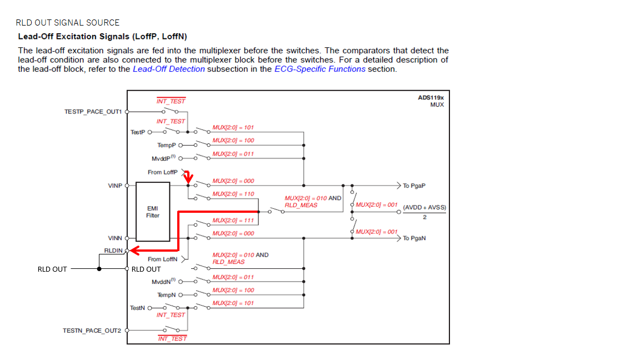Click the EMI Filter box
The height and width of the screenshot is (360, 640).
click(152, 212)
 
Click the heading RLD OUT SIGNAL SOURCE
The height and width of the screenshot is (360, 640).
click(67, 23)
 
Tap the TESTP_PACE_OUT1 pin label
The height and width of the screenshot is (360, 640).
click(93, 112)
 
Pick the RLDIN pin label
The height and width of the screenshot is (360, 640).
click(113, 251)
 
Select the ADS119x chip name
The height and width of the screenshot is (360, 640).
click(431, 97)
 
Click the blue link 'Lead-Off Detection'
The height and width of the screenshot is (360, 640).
click(169, 69)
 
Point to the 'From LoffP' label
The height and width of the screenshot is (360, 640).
click(163, 172)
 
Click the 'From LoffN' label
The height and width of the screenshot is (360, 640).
click(163, 259)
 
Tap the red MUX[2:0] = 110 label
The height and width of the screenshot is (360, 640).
click(233, 194)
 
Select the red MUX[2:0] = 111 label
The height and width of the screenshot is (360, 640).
click(233, 221)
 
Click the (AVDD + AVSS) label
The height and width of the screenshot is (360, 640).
click(424, 208)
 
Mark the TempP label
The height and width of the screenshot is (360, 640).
click(166, 145)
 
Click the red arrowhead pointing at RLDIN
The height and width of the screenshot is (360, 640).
click(133, 251)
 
